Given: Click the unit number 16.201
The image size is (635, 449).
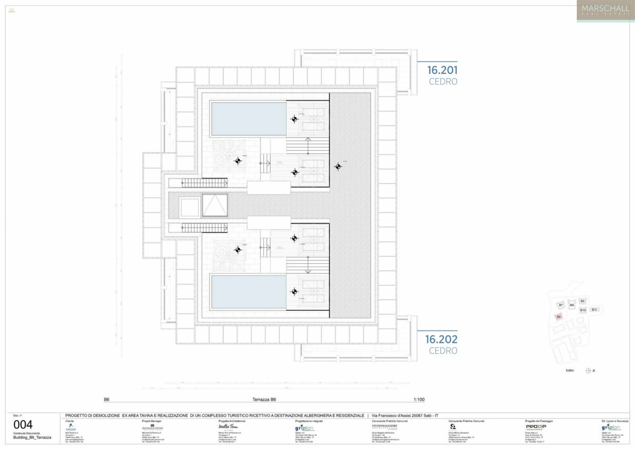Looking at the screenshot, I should pos(442,70).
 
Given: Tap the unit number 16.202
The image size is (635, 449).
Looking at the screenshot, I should pos(441,340).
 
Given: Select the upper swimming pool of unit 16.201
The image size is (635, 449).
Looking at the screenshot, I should pos(249,119).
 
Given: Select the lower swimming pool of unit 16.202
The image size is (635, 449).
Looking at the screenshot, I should pos(249,291).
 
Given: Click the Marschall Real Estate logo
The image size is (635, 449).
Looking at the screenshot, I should pos(605,10).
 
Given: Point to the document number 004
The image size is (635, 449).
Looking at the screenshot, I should pos(23,424).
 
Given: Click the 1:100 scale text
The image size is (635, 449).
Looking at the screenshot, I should pos(419,400).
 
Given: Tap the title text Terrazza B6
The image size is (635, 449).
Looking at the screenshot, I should pos(264,400).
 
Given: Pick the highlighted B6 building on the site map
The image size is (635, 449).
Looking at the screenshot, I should pos(558,317).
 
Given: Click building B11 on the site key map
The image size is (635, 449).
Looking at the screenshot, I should pos(595,310).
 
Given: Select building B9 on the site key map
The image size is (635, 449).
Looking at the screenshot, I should pos(582,301).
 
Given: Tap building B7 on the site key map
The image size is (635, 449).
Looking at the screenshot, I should pos(561,305).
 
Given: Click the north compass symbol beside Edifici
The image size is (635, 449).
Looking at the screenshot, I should pos(588,370).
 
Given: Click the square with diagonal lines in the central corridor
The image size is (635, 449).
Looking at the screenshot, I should pos(215,205).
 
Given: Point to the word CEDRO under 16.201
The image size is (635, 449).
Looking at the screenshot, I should pos(443,82).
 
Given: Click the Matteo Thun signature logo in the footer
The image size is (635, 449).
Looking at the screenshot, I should pos(228,427).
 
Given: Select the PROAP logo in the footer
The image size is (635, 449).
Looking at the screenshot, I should pos(536,427).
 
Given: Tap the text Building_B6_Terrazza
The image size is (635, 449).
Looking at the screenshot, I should pos(32,437).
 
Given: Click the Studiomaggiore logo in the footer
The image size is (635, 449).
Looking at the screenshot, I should pos(384,427).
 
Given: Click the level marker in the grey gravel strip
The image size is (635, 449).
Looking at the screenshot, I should pos(338,167).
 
